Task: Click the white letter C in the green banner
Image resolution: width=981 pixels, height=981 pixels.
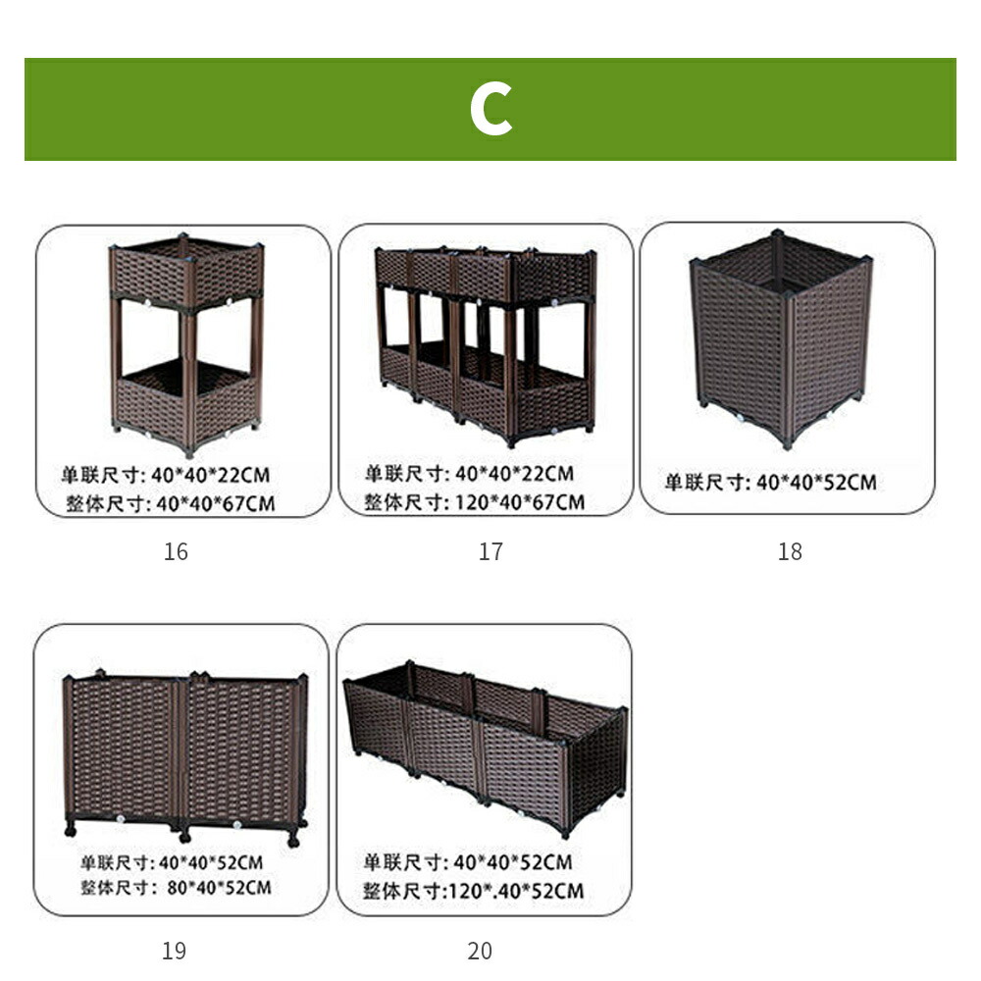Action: click(x=491, y=110)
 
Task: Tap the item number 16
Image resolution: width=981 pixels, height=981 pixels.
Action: click(x=176, y=551)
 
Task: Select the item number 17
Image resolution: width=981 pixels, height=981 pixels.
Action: click(x=490, y=551)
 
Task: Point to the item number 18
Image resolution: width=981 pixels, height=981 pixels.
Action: click(x=790, y=551)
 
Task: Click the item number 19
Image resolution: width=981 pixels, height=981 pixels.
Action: click(x=174, y=951)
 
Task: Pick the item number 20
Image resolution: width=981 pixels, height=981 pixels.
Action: click(x=480, y=951)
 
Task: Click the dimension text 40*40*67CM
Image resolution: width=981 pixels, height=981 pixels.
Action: click(x=215, y=503)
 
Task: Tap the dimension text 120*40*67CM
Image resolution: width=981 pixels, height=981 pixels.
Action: click(x=520, y=501)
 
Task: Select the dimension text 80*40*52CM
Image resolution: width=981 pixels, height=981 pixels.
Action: click(x=219, y=888)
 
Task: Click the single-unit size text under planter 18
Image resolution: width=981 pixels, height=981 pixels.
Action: click(x=770, y=483)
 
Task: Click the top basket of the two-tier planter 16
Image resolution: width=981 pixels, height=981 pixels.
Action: click(x=186, y=272)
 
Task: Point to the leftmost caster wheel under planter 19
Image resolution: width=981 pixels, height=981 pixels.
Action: click(x=70, y=831)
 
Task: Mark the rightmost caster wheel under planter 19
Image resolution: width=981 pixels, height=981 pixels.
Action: click(x=293, y=841)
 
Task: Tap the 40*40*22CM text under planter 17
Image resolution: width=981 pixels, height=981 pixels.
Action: click(x=514, y=474)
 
